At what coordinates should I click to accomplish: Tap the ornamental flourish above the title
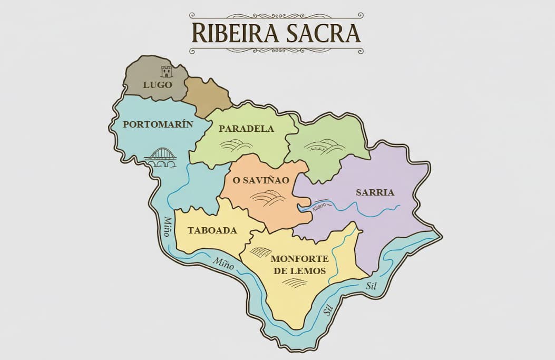[x=276, y=15]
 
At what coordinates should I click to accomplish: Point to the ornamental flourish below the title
[x=276, y=51]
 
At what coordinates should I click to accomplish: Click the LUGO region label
[x=157, y=84]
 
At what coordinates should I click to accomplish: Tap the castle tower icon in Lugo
[x=167, y=72]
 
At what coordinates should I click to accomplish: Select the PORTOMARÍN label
[x=158, y=125]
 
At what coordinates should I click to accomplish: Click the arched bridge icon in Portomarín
[x=161, y=158]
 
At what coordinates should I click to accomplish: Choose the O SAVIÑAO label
[x=261, y=180]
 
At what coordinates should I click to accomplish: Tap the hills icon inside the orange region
[x=267, y=198]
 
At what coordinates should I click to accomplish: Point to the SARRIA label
[x=375, y=192]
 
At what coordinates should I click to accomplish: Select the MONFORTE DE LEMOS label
[x=299, y=265]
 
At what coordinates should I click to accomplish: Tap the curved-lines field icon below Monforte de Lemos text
[x=294, y=283]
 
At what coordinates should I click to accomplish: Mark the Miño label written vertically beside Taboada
[x=167, y=226]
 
